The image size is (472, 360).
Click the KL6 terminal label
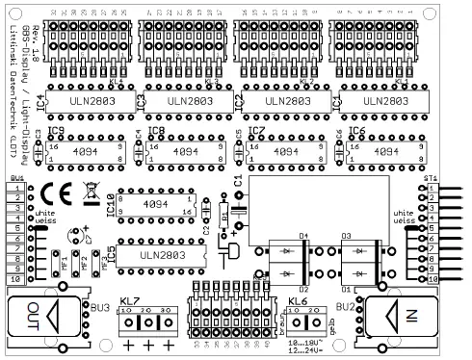298,302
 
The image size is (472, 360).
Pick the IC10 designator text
110,205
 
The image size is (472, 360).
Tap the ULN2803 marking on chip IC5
160,254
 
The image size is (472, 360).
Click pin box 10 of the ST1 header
433,278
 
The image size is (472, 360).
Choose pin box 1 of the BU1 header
15,190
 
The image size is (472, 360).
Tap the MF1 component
66,261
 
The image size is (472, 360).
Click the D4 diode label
302,235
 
